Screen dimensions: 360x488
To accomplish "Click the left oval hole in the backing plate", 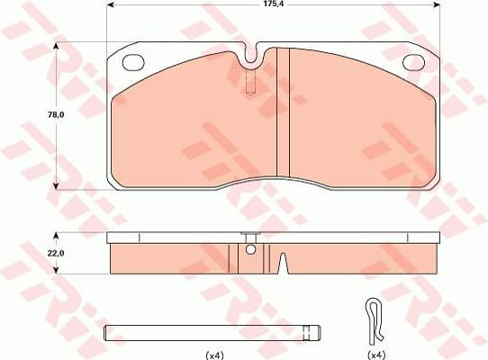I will tap(133, 63).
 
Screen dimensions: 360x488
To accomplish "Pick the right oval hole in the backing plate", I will tap(414, 63).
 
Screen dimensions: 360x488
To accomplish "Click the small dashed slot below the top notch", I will tap(251, 84).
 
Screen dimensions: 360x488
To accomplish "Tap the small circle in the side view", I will tap(251, 250).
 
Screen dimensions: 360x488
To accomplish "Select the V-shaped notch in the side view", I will tap(282, 264).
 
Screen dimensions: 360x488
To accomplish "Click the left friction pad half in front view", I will tap(189, 121).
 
